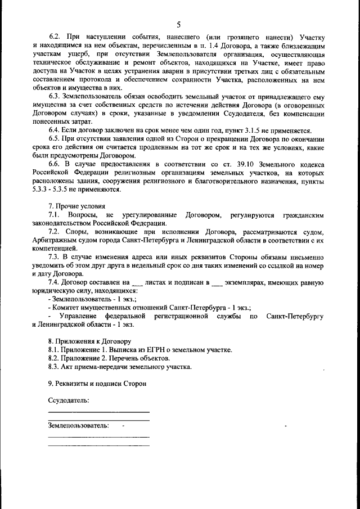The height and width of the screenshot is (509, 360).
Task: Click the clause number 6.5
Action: pos(55,139)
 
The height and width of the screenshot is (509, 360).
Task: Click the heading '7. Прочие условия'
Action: pos(77,206)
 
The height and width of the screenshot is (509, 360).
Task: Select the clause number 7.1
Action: pos(55,215)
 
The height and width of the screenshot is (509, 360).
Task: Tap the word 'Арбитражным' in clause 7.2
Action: pos(58,240)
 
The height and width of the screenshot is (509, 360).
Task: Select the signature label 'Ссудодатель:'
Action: pos(68,400)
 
